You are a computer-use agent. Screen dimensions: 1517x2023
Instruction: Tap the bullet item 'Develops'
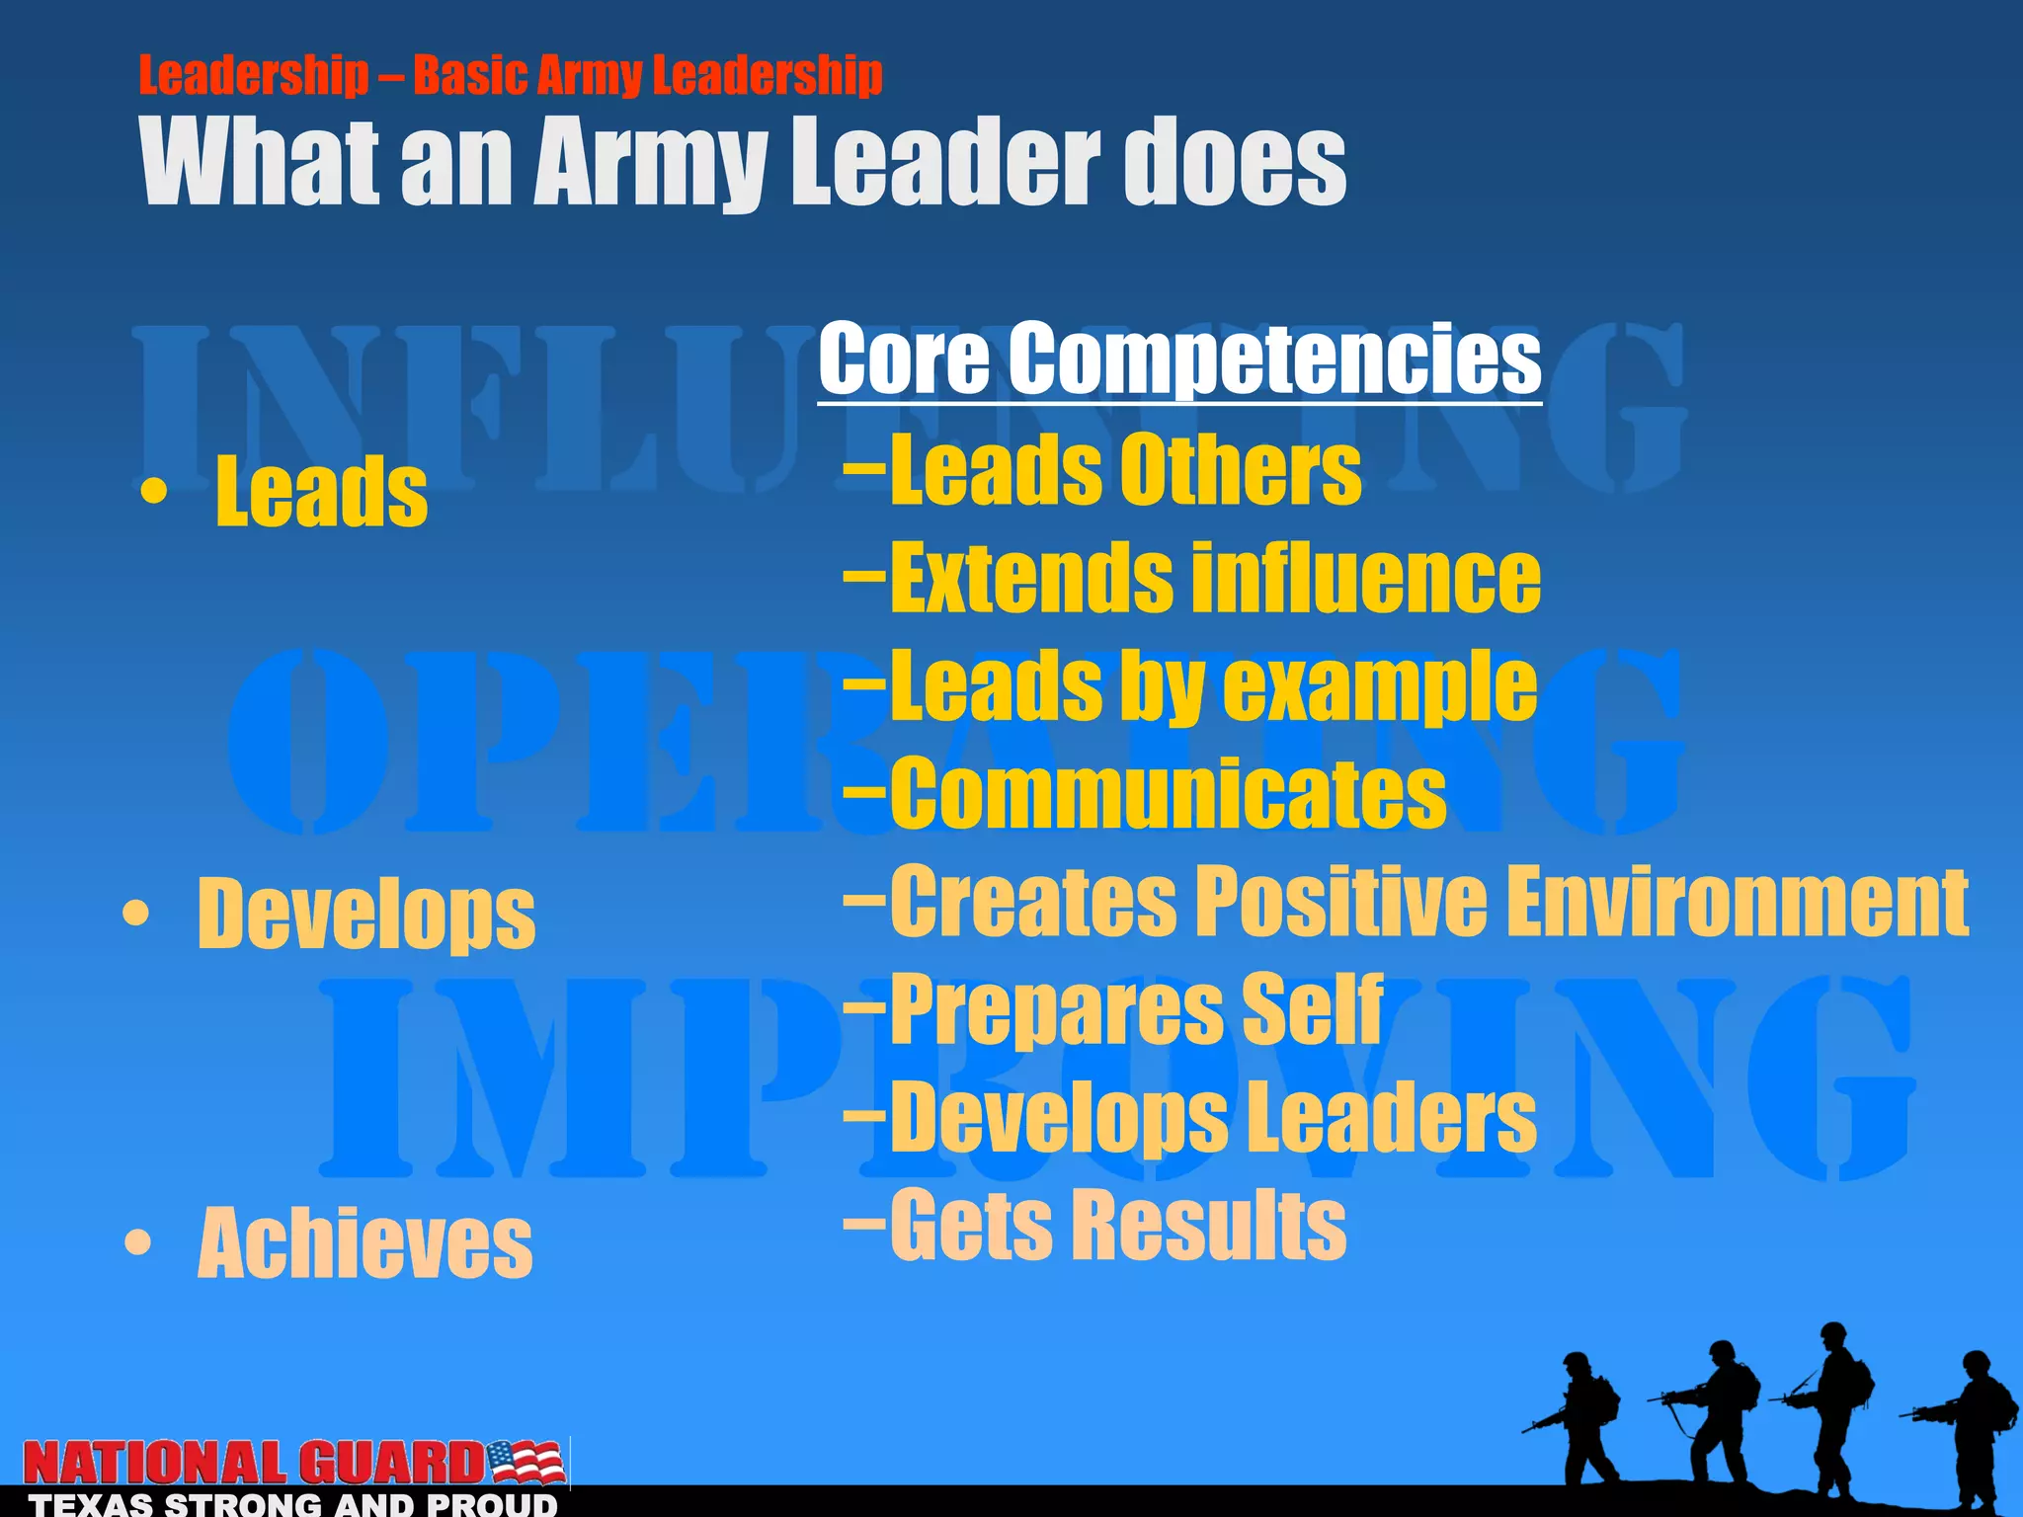365,914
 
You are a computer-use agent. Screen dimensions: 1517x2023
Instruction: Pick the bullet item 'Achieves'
364,1244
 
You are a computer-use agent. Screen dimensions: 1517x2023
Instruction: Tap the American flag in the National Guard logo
526,1462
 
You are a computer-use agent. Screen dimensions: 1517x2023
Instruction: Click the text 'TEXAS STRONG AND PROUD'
293,1505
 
